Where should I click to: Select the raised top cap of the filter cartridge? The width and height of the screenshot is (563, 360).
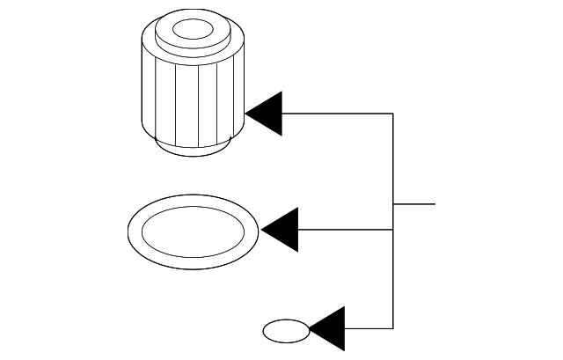point(211,40)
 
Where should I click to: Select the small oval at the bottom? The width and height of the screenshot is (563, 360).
point(287,332)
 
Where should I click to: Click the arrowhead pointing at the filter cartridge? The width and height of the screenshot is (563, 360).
point(267,114)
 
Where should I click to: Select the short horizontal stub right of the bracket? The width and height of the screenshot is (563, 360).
point(414,204)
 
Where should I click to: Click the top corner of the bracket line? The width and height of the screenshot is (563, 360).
point(392,114)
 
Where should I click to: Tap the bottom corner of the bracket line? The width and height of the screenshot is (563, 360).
point(392,327)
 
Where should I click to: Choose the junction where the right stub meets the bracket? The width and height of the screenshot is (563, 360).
point(392,204)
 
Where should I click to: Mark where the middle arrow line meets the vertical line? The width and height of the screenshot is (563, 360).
point(392,230)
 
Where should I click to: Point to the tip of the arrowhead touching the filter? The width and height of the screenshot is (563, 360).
point(246,114)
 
